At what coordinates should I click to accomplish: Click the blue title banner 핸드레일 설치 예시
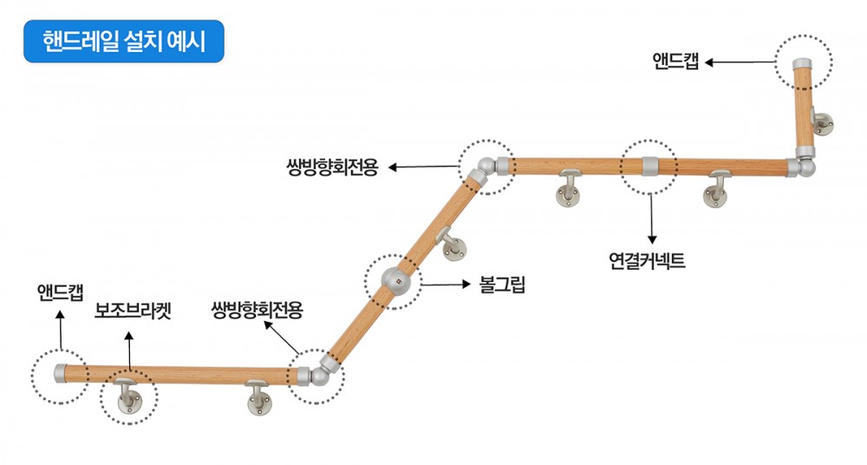pyautogui.click(x=124, y=42)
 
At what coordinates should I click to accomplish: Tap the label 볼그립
pyautogui.click(x=503, y=284)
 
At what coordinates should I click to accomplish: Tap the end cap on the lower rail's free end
pyautogui.click(x=61, y=374)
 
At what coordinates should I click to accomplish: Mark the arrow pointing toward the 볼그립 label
pyautogui.click(x=447, y=284)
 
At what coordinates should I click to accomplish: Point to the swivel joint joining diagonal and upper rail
pyautogui.click(x=486, y=168)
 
